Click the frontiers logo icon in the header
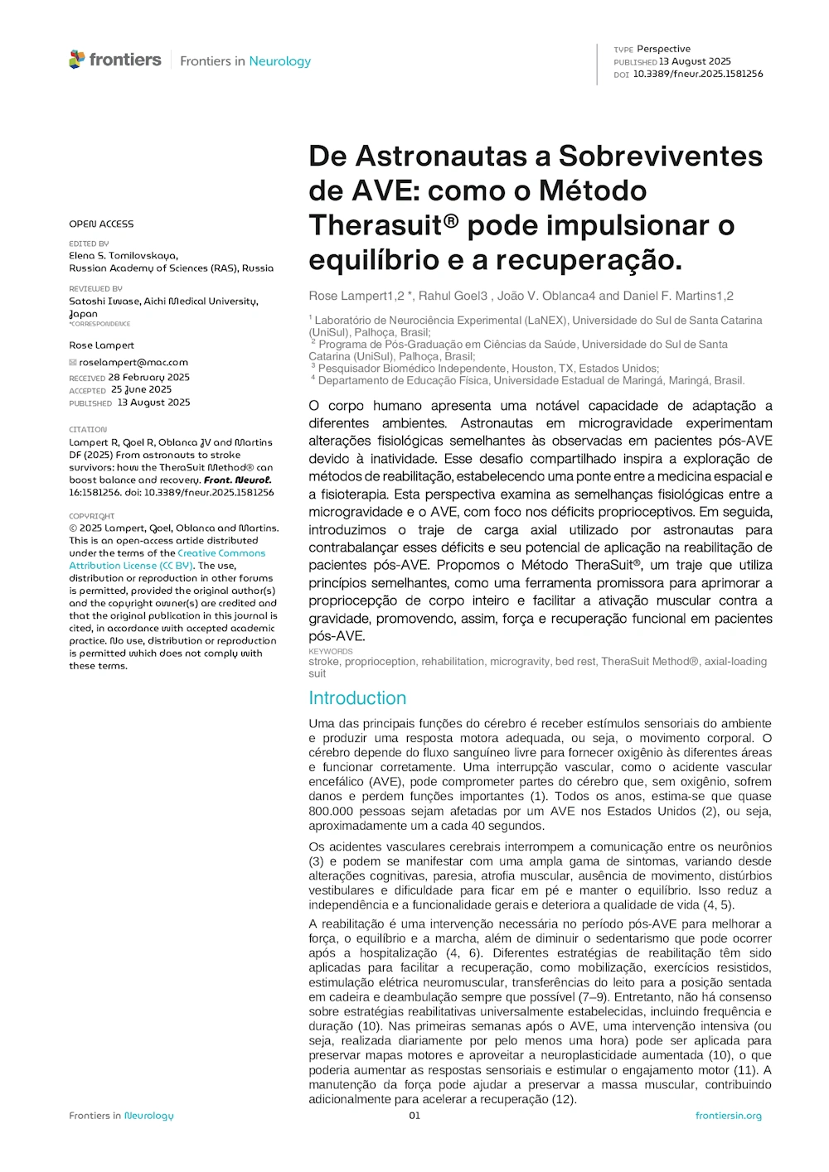point(77,60)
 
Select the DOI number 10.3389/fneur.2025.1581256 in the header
point(698,74)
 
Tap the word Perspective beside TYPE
point(663,49)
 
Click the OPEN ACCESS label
point(101,224)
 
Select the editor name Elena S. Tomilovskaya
point(124,256)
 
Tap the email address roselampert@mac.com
point(133,362)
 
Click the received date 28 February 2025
point(148,377)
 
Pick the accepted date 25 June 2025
point(141,389)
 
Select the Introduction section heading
point(357,698)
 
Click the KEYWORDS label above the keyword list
point(331,652)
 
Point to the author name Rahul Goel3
point(453,296)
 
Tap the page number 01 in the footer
point(414,1116)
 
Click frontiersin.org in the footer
point(728,1116)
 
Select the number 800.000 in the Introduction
point(331,811)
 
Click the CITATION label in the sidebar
point(88,430)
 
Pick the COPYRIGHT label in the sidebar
point(92,516)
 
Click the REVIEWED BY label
point(95,289)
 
